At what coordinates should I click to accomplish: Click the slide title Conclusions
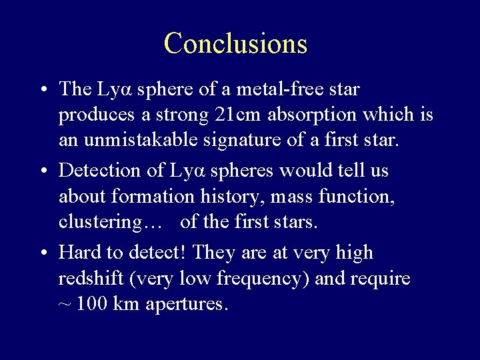pos(235,43)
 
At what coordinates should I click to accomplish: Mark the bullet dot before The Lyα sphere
pos(42,89)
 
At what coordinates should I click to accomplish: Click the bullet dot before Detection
pos(42,171)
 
